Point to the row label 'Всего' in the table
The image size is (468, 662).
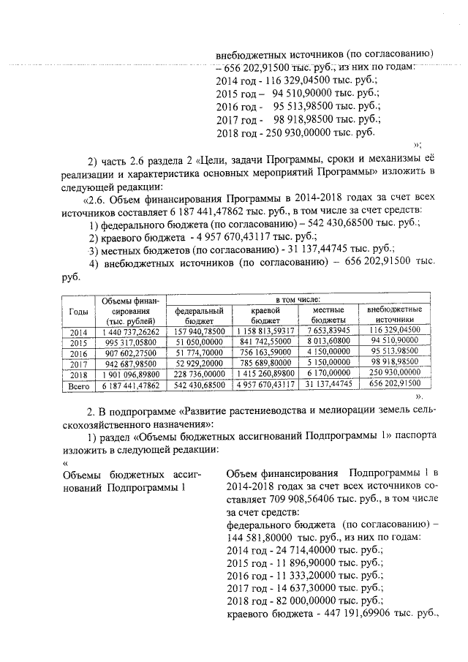coord(78,383)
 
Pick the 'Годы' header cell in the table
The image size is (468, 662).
coord(78,310)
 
